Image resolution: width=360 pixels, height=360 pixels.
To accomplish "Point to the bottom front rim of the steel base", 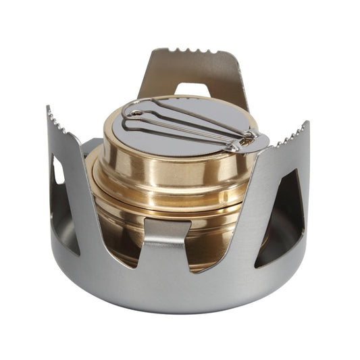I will click(176, 297).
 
